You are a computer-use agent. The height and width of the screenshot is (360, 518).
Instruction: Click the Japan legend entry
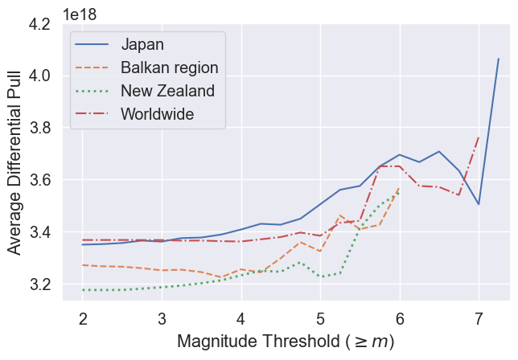142,44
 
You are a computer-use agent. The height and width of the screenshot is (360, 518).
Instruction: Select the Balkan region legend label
169,67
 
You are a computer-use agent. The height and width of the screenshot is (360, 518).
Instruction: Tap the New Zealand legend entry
167,91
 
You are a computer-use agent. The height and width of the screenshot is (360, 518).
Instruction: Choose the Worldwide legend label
157,114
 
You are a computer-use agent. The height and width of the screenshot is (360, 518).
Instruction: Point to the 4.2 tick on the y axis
41,24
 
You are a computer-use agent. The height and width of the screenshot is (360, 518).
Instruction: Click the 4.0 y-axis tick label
41,76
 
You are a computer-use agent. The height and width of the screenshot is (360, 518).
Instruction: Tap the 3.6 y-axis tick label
41,180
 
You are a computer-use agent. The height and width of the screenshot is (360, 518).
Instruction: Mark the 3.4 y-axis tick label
41,232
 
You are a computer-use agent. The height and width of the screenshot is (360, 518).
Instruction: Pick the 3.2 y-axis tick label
41,284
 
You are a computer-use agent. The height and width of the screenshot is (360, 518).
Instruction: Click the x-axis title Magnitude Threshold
286,342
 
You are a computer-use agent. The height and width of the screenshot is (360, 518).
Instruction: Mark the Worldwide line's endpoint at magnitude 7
479,137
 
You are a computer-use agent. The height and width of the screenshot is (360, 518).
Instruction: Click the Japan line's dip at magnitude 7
479,204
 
